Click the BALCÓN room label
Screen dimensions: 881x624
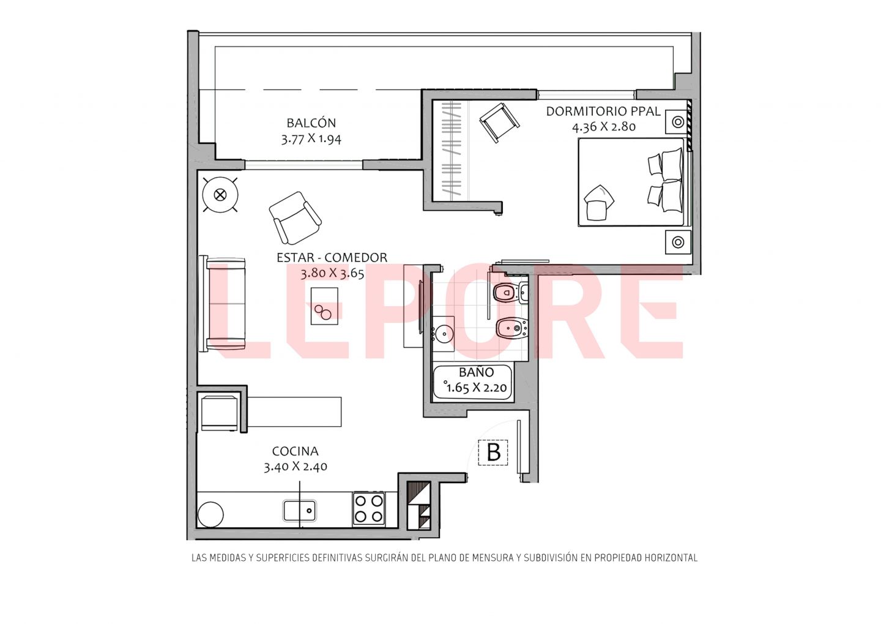click(311, 123)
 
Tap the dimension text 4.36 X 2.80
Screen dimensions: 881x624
click(604, 127)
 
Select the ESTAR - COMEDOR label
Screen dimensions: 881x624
click(332, 257)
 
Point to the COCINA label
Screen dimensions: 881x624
click(295, 451)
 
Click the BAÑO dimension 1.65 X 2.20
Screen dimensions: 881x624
click(477, 388)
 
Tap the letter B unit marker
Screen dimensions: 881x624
click(494, 453)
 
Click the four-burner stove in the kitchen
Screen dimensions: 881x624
click(368, 508)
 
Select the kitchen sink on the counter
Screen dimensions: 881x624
click(300, 510)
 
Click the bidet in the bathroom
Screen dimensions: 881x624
click(511, 328)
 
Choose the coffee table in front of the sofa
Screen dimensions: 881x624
click(324, 306)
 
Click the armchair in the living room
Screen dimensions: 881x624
click(295, 218)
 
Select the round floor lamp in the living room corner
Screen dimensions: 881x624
click(220, 195)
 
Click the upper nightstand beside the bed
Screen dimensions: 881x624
click(677, 122)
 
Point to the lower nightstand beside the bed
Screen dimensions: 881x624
click(678, 242)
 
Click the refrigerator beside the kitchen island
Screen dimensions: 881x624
click(220, 413)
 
